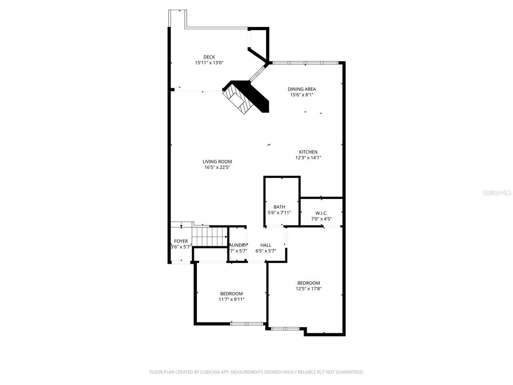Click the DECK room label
(x=209, y=57)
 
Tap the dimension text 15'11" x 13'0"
(x=209, y=63)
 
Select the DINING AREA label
(x=301, y=89)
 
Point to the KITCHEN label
(x=308, y=152)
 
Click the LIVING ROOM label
(x=217, y=162)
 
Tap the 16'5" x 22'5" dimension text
(x=217, y=168)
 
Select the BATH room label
(x=279, y=207)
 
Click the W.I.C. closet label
(x=321, y=213)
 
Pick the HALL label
(x=266, y=245)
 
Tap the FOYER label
(x=181, y=241)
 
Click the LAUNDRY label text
(x=238, y=245)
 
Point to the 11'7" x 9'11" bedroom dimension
(x=231, y=299)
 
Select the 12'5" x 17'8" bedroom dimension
(x=309, y=288)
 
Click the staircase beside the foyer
(x=210, y=236)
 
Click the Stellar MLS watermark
(x=497, y=193)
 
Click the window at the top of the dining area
(x=306, y=63)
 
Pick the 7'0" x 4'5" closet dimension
(x=321, y=219)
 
